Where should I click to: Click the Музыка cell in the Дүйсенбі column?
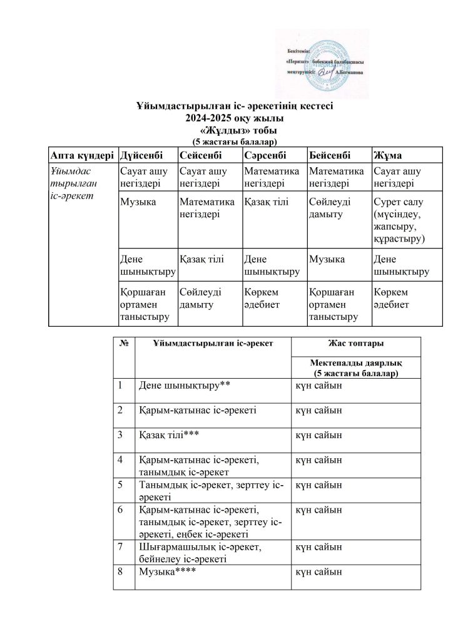click(x=138, y=202)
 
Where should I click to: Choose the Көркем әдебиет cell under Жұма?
click(x=392, y=298)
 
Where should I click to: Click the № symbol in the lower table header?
click(x=124, y=344)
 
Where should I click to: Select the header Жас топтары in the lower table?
click(x=355, y=344)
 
